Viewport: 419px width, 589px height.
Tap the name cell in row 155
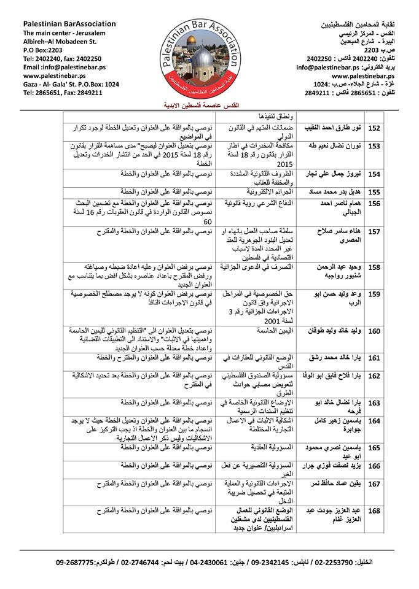pyautogui.click(x=331, y=191)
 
